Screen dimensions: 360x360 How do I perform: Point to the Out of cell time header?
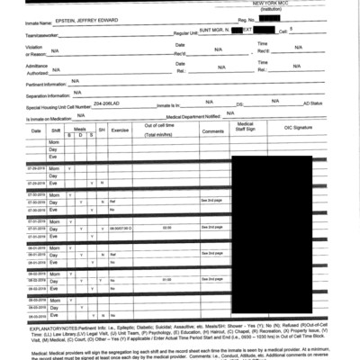click(x=163, y=126)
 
